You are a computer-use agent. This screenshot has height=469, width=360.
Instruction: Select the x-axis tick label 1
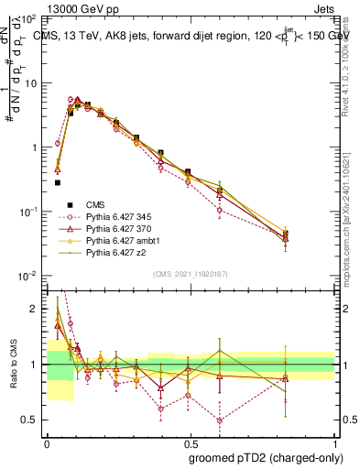[335, 442]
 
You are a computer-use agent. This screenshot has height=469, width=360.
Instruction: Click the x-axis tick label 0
[47, 442]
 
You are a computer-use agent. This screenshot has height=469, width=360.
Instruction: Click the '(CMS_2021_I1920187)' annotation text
[191, 274]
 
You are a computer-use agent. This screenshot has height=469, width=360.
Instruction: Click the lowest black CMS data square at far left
[57, 182]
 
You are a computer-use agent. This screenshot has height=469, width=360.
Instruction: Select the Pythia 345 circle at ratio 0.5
[220, 420]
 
